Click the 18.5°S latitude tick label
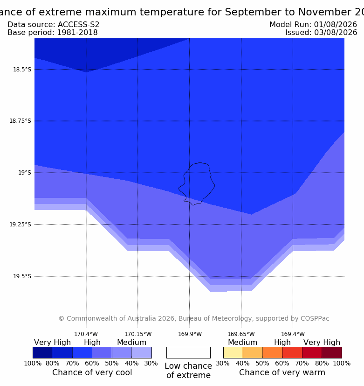coord(22,70)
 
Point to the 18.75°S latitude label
coord(20,121)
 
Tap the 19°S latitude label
coord(25,173)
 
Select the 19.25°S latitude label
coord(20,224)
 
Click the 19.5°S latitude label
coord(22,276)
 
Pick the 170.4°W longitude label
coord(86,334)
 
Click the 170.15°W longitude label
coord(138,334)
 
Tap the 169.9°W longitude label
coord(190,334)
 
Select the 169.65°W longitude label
coord(241,334)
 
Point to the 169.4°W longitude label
coord(293,334)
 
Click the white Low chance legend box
coord(188,352)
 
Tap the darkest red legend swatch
coord(332,352)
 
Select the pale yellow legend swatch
coord(233,352)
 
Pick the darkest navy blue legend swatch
coord(43,352)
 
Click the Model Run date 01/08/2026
coord(335,25)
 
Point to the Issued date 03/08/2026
coord(335,33)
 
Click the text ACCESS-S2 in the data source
coord(78,25)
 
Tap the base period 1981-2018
coord(77,33)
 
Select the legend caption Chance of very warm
coord(282,372)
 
